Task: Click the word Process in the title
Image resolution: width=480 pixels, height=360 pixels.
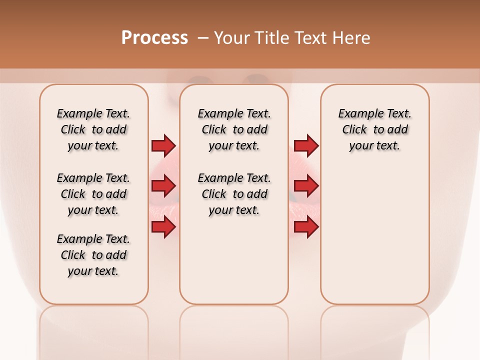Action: click(154, 38)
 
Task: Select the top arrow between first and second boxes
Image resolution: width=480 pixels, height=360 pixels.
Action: click(163, 145)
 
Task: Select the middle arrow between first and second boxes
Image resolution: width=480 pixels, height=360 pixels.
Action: click(163, 186)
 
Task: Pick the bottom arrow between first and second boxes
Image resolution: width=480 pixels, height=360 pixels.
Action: click(163, 227)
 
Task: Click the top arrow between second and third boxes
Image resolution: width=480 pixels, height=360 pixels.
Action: click(306, 145)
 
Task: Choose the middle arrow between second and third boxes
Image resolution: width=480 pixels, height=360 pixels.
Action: click(306, 186)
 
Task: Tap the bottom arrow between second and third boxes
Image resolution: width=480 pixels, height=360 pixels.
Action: click(306, 227)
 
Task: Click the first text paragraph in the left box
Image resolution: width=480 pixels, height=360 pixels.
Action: click(93, 129)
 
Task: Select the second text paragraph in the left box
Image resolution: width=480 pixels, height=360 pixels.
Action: click(93, 194)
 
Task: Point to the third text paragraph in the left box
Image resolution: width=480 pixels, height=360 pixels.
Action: click(93, 255)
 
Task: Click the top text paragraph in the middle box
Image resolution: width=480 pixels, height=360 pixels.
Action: click(234, 129)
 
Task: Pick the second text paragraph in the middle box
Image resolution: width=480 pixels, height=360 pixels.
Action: click(234, 194)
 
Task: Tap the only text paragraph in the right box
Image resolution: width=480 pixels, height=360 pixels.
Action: click(374, 129)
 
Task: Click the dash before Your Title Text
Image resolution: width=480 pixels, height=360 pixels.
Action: click(203, 38)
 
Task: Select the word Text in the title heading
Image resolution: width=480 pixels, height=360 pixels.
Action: click(310, 38)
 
